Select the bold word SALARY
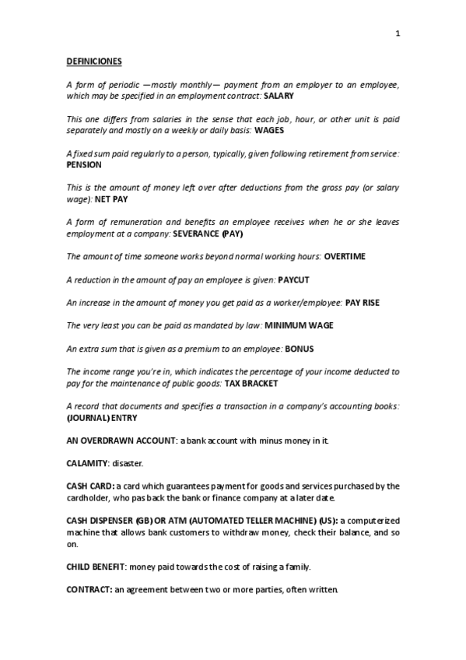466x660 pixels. pyautogui.click(x=279, y=95)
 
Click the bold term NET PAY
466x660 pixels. pyautogui.click(x=110, y=199)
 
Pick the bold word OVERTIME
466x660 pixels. pyautogui.click(x=345, y=256)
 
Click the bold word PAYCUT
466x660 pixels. pyautogui.click(x=295, y=279)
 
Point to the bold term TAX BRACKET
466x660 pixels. pyautogui.click(x=256, y=383)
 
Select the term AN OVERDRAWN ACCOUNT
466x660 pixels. pyautogui.click(x=121, y=441)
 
